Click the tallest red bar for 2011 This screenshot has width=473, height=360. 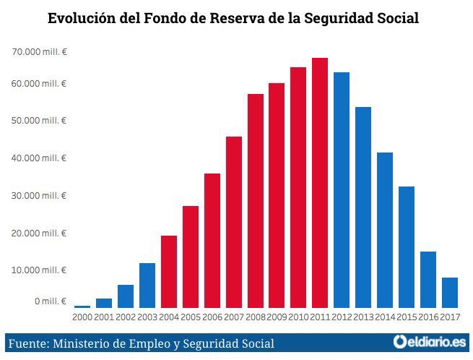pyautogui.click(x=320, y=183)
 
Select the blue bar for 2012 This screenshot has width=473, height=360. pyautogui.click(x=342, y=190)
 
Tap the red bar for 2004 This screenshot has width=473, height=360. pyautogui.click(x=169, y=272)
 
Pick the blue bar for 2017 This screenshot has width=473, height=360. pyautogui.click(x=450, y=293)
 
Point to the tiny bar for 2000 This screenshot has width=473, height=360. pyautogui.click(x=82, y=307)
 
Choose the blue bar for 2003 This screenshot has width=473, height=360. pyautogui.click(x=147, y=286)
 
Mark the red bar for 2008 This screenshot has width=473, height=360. pyautogui.click(x=256, y=201)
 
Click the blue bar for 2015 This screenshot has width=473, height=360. pyautogui.click(x=407, y=247)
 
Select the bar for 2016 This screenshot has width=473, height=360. pyautogui.click(x=428, y=280)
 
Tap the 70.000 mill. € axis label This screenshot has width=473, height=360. pyautogui.click(x=39, y=52)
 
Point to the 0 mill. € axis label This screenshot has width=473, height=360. pyautogui.click(x=51, y=301)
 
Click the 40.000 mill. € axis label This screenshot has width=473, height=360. pyautogui.click(x=39, y=158)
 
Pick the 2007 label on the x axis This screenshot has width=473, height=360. pyautogui.click(x=234, y=317)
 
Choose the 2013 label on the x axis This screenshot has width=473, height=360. pyautogui.click(x=363, y=317)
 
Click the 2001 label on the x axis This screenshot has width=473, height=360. pyautogui.click(x=104, y=317)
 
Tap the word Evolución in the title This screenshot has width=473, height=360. pyautogui.click(x=82, y=18)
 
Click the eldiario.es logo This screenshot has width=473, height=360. pyautogui.click(x=430, y=342)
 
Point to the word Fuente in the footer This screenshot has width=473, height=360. pyautogui.click(x=29, y=343)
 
